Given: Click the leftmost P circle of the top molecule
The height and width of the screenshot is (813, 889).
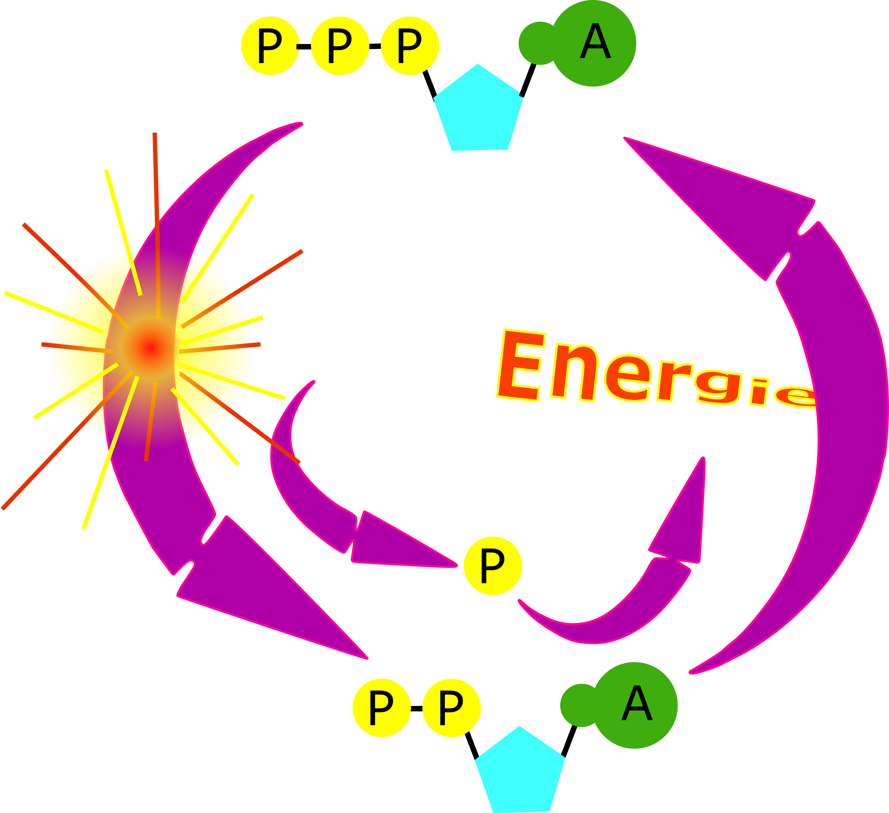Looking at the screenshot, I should tap(270, 46).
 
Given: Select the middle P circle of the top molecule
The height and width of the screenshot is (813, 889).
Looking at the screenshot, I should tap(340, 46).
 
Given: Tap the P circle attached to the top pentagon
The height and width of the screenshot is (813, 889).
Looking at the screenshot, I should tap(410, 46).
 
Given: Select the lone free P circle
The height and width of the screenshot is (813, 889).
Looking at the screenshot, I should tap(493, 566).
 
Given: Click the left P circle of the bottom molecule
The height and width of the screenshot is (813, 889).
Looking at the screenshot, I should tap(381, 709).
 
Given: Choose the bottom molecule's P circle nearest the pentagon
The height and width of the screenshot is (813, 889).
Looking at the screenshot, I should tap(451, 709).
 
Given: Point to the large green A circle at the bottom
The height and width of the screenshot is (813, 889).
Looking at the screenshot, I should tap(636, 706).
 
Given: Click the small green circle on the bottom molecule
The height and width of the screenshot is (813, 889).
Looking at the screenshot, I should tap(581, 706).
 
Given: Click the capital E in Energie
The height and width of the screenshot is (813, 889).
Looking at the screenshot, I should tap(520, 366).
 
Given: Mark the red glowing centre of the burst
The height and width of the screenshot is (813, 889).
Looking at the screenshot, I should tap(151, 348).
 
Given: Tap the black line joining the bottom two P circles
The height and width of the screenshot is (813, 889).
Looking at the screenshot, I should tap(416, 709).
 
